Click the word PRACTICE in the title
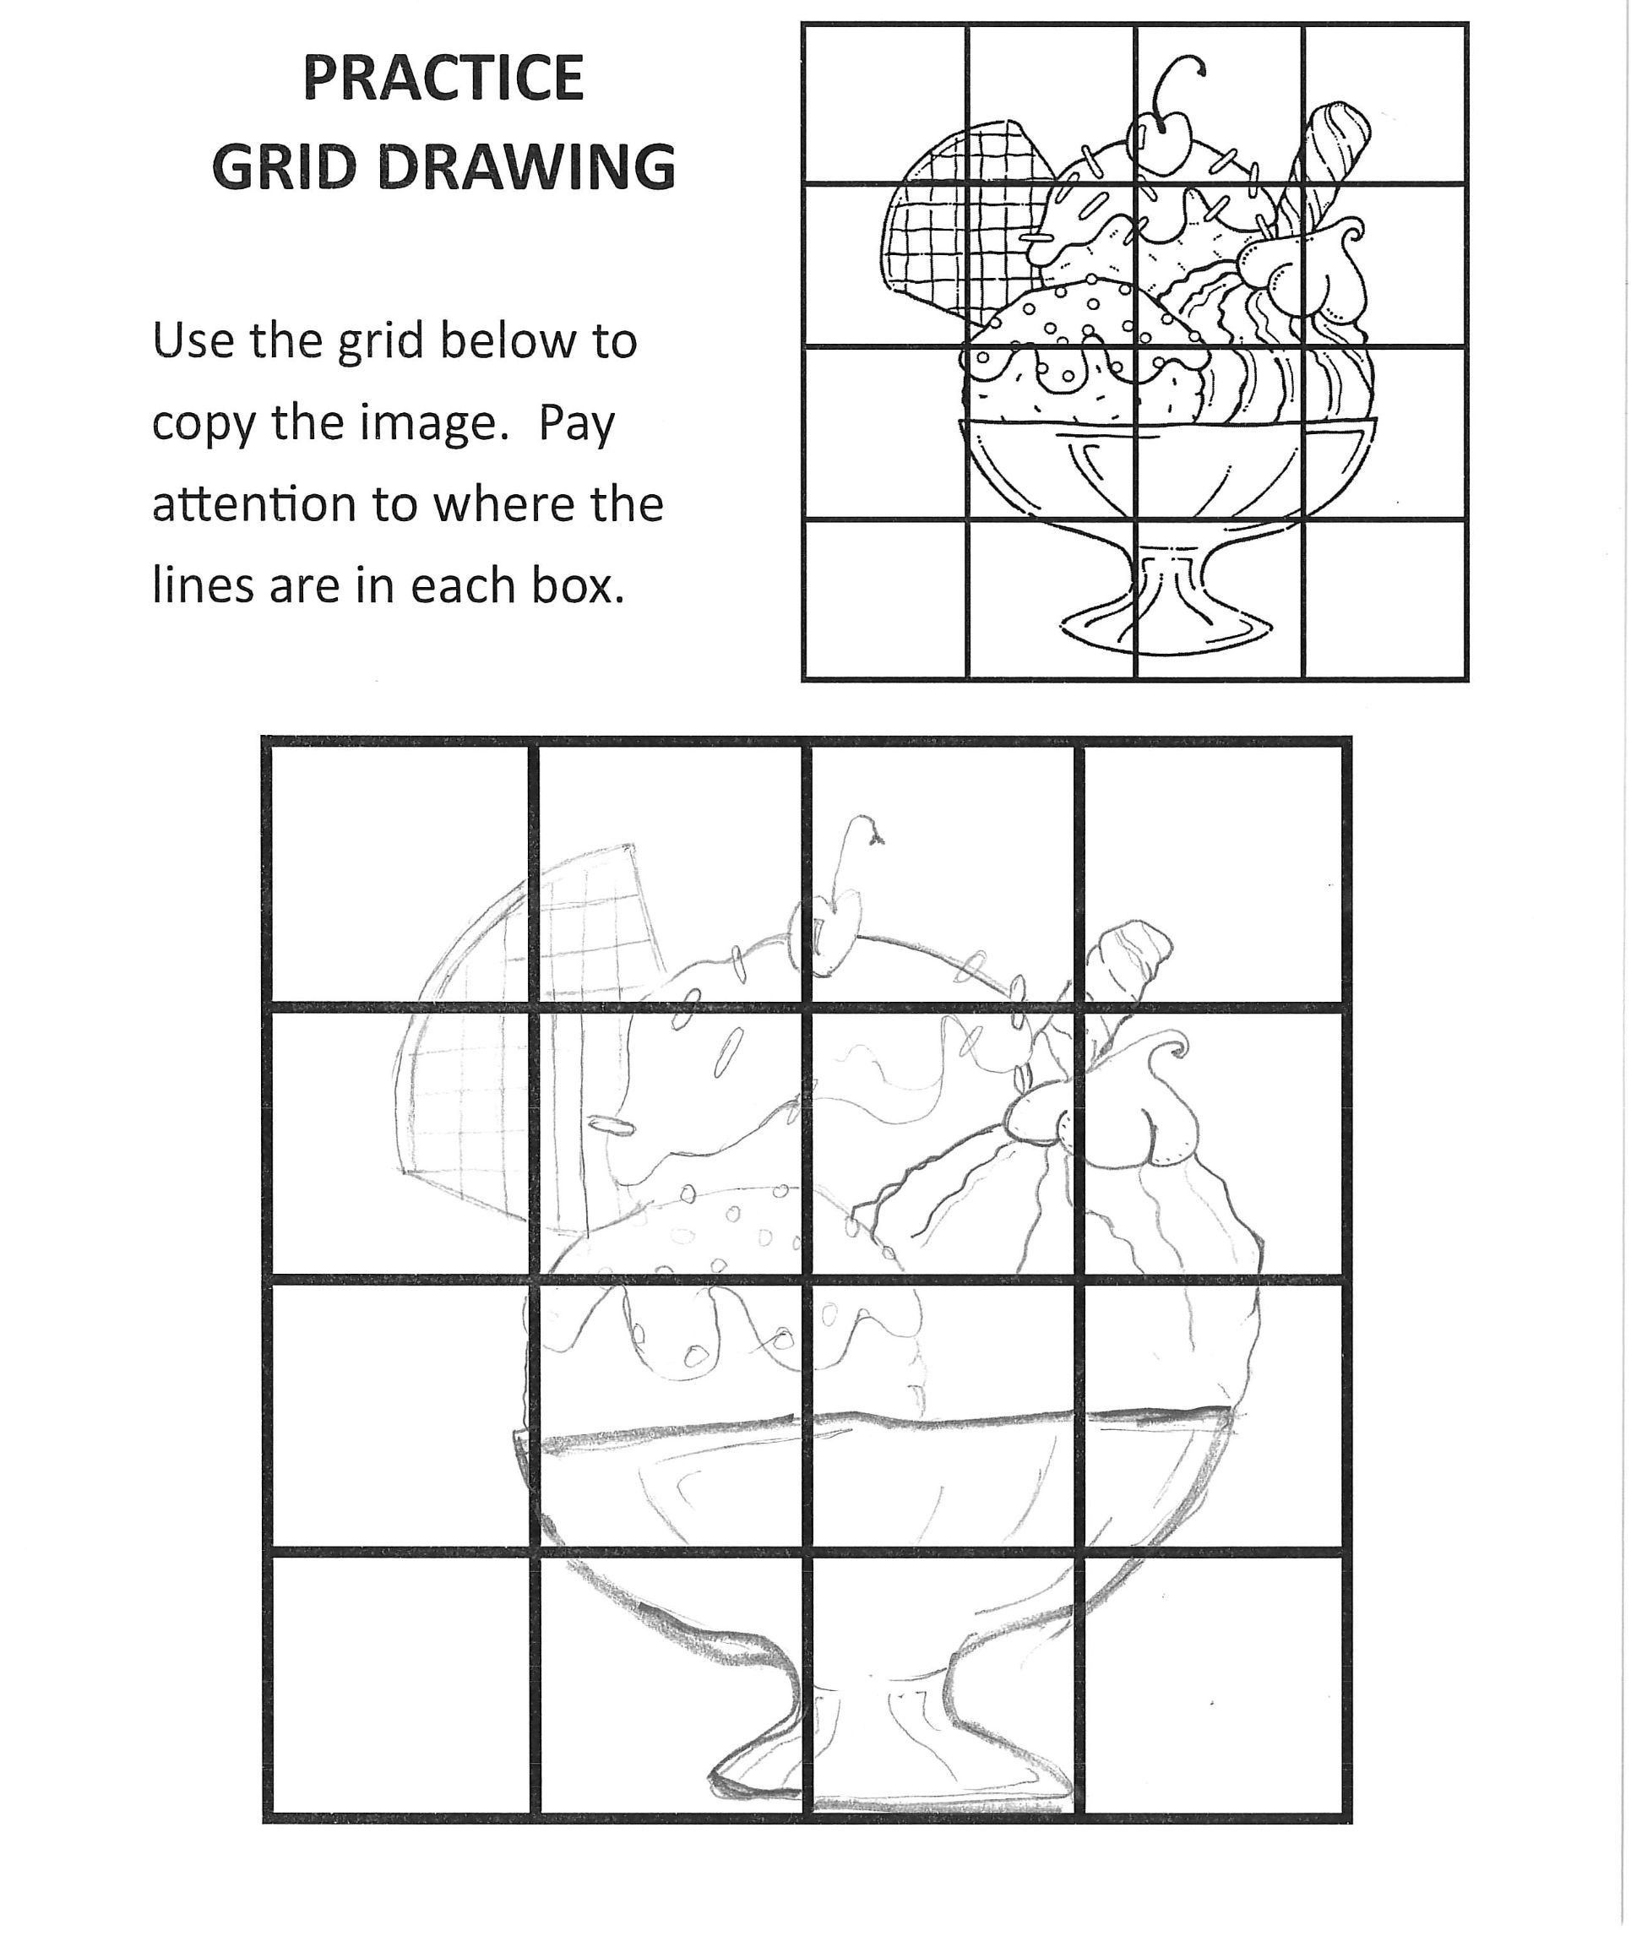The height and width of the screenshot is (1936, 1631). pyautogui.click(x=443, y=79)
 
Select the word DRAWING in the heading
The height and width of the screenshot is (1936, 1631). pyautogui.click(x=527, y=167)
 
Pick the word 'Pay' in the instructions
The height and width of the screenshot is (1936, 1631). pyautogui.click(x=577, y=424)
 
